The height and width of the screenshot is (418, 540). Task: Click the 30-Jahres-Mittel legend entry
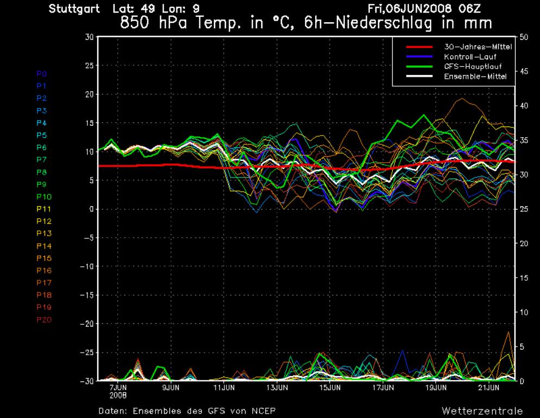[x=475, y=47]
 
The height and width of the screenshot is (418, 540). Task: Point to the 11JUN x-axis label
[x=224, y=388]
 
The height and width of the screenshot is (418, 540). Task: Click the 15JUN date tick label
[x=330, y=388]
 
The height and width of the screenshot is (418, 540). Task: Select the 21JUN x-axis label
[x=489, y=388]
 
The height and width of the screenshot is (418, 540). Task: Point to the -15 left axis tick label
[x=86, y=295]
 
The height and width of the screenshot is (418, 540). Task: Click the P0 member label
[x=42, y=73]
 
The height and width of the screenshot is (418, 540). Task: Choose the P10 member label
[x=43, y=196]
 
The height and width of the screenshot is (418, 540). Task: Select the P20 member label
[x=43, y=319]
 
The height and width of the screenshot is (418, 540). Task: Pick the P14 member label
[x=43, y=246]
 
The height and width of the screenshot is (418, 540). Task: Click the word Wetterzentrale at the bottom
[x=482, y=410]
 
